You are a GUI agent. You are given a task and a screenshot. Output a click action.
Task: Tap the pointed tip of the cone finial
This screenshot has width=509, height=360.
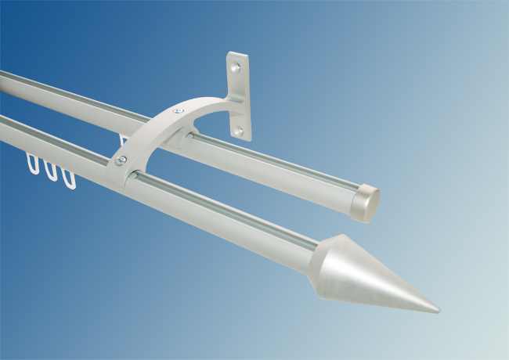click(437, 308)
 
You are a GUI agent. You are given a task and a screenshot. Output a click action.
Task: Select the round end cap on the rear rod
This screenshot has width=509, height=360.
click(364, 201)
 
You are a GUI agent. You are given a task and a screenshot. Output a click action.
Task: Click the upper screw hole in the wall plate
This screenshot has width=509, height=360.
click(236, 67)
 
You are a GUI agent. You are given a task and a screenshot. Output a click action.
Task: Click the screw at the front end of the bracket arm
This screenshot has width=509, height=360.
click(121, 161)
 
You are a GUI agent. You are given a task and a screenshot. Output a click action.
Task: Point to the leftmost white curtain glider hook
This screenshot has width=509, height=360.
click(34, 164)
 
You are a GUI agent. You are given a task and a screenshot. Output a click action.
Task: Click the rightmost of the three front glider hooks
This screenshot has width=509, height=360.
click(69, 178)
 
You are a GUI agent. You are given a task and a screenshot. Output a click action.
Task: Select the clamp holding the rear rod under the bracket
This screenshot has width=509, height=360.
click(190, 139)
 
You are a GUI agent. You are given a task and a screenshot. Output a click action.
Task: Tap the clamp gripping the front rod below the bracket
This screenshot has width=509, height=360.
click(135, 176)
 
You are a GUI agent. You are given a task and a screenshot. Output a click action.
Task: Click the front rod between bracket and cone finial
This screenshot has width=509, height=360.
click(235, 223)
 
